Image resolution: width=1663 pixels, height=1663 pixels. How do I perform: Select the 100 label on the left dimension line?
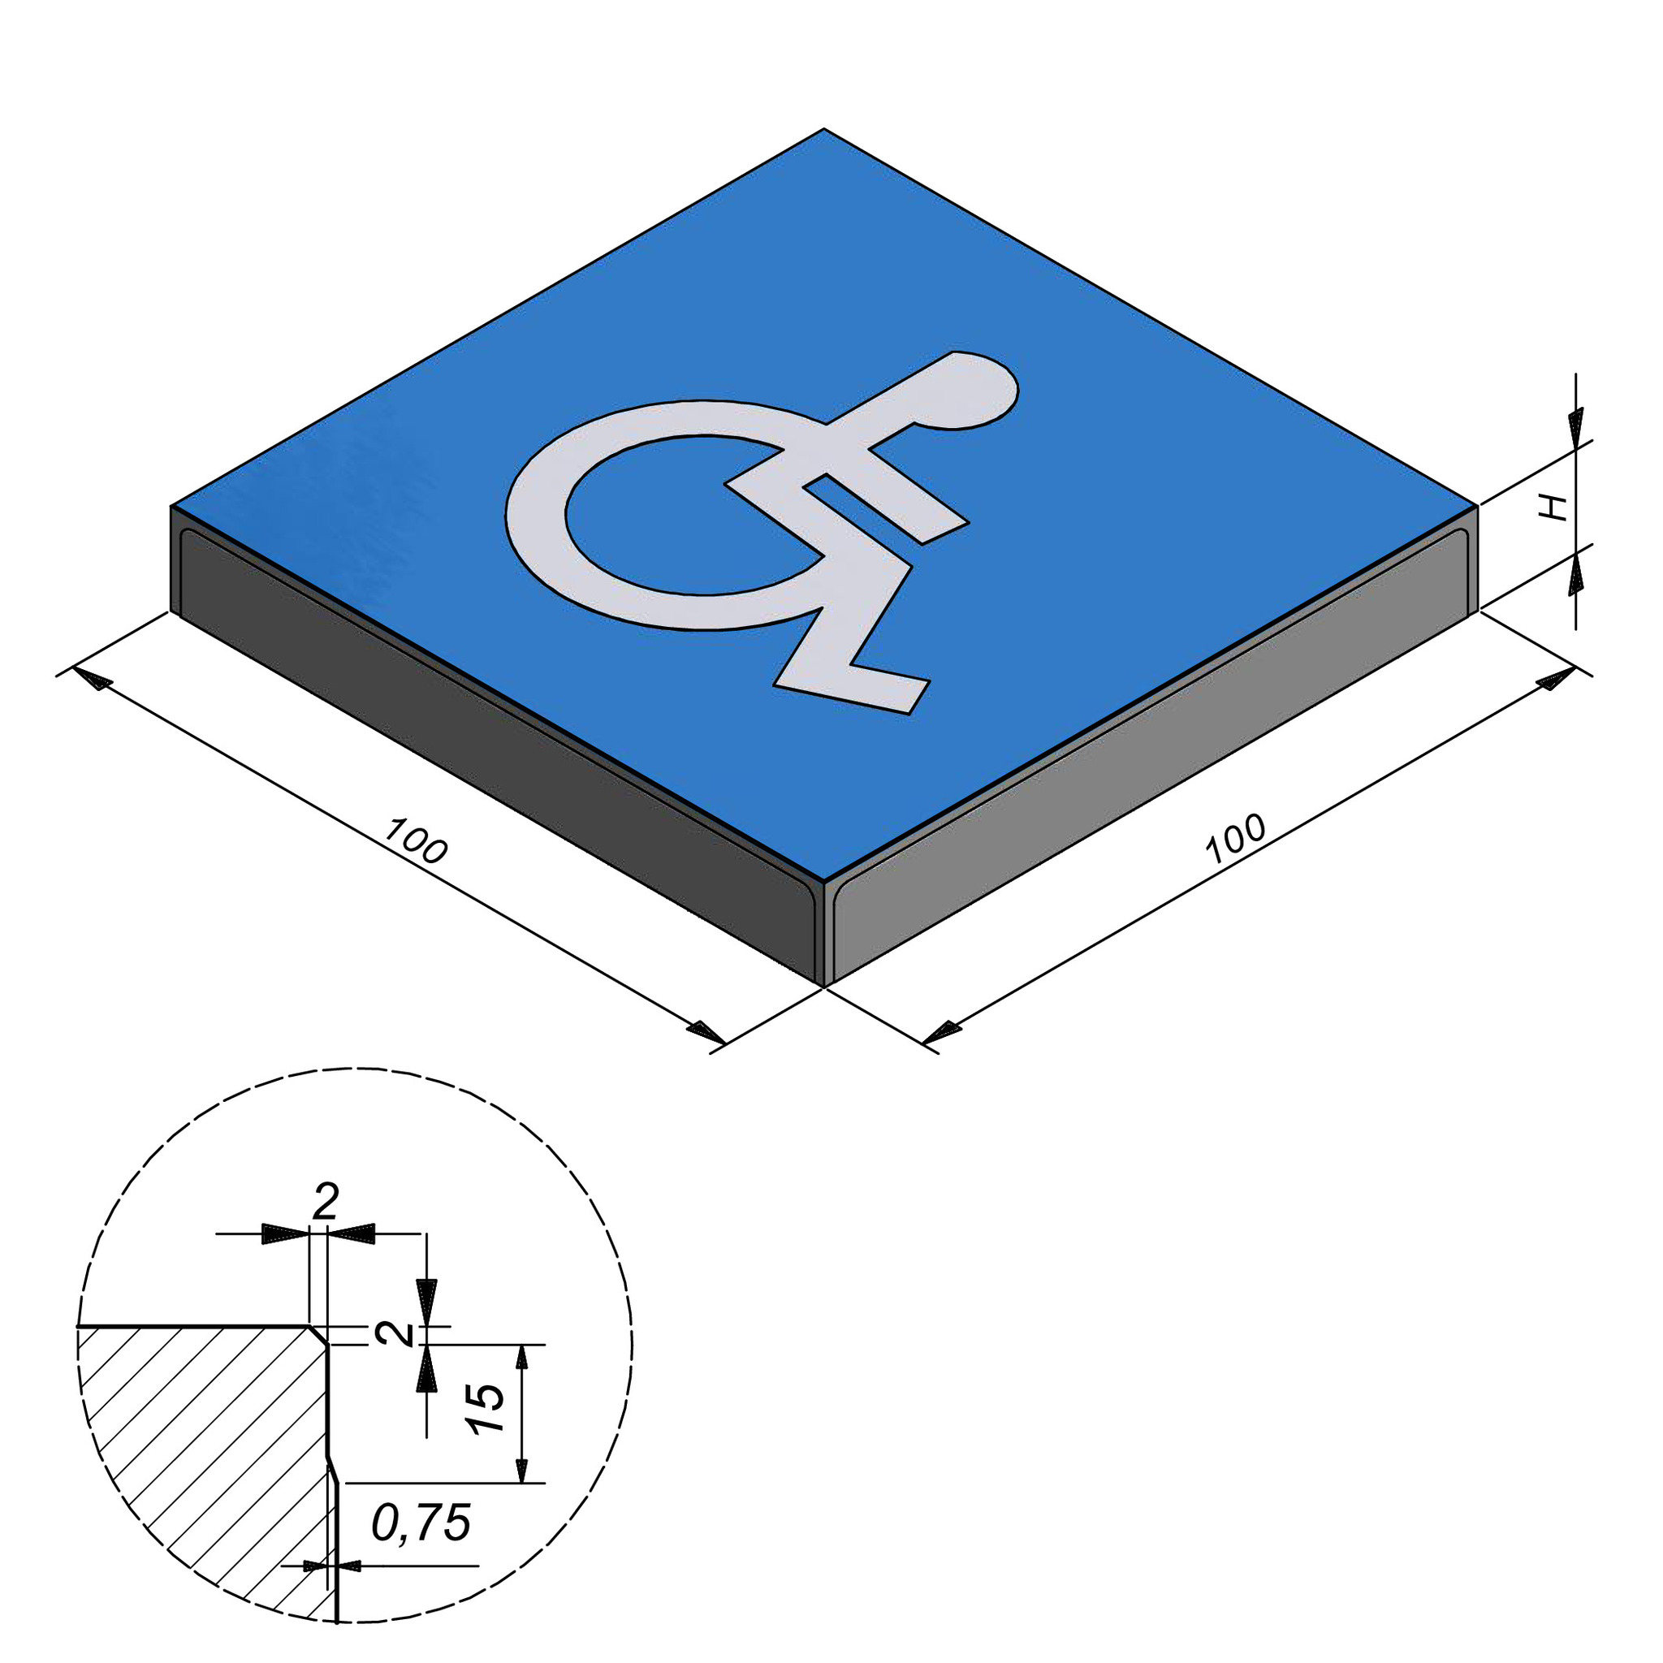pos(415,841)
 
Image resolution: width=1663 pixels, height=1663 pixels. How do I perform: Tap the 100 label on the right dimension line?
pos(1235,838)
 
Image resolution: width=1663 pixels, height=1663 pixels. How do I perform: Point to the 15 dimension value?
pos(488,1407)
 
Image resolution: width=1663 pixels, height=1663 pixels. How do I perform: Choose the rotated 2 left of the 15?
pos(395,1333)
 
